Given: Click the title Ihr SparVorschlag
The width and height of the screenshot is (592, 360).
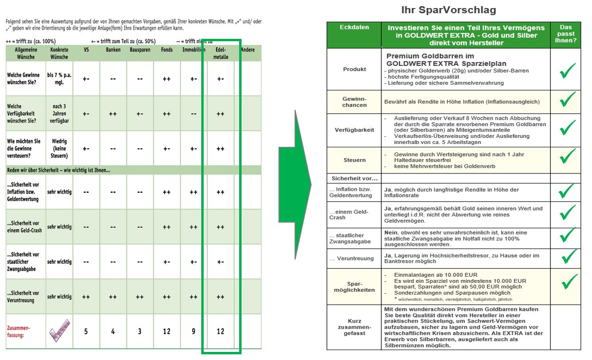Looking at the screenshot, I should click(x=448, y=10).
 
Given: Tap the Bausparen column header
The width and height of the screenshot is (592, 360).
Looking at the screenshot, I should click(x=140, y=49).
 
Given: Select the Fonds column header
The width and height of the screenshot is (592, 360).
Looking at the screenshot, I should click(x=166, y=49).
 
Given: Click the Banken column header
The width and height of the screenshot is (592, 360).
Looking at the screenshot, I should click(x=113, y=49).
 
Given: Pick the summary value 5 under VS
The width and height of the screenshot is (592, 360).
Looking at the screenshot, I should click(x=86, y=331).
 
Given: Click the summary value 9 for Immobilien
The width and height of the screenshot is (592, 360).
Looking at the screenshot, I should click(x=193, y=331).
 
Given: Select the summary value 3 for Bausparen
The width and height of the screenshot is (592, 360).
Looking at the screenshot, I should click(x=140, y=331).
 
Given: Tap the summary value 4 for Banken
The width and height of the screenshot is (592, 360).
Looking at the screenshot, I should click(x=113, y=331).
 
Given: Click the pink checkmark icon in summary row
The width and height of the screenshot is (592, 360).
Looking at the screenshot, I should click(x=59, y=331).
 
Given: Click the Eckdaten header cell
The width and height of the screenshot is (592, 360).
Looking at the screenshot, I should click(x=354, y=27).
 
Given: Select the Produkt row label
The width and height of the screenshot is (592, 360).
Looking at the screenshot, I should click(x=354, y=69).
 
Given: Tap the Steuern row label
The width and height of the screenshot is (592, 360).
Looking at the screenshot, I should click(x=354, y=160).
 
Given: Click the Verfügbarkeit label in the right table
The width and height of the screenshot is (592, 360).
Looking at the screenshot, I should click(x=354, y=130).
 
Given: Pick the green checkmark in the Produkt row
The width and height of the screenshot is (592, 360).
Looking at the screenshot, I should click(x=567, y=71).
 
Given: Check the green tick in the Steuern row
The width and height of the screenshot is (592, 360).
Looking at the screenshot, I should click(x=567, y=157).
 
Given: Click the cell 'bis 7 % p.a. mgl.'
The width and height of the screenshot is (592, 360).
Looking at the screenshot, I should click(x=59, y=78).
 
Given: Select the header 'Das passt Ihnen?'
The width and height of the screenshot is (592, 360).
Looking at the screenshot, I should click(x=566, y=34).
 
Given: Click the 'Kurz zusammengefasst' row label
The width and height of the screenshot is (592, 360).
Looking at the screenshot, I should click(x=354, y=327).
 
